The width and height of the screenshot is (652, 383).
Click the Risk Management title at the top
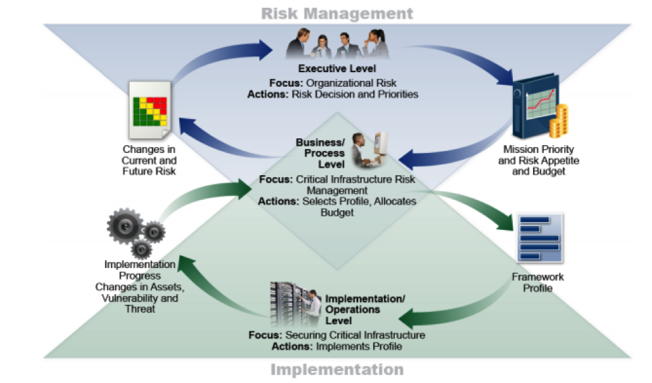point(336,13)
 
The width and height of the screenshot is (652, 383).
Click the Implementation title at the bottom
point(336,369)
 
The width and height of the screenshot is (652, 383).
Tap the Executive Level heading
point(336,68)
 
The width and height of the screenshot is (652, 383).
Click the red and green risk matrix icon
point(148,111)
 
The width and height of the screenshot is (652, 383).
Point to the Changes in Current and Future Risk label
point(148,160)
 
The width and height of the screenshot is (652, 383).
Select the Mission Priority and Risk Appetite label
point(538,160)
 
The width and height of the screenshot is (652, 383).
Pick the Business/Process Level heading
point(320,153)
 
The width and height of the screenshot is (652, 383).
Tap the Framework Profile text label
point(537,282)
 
